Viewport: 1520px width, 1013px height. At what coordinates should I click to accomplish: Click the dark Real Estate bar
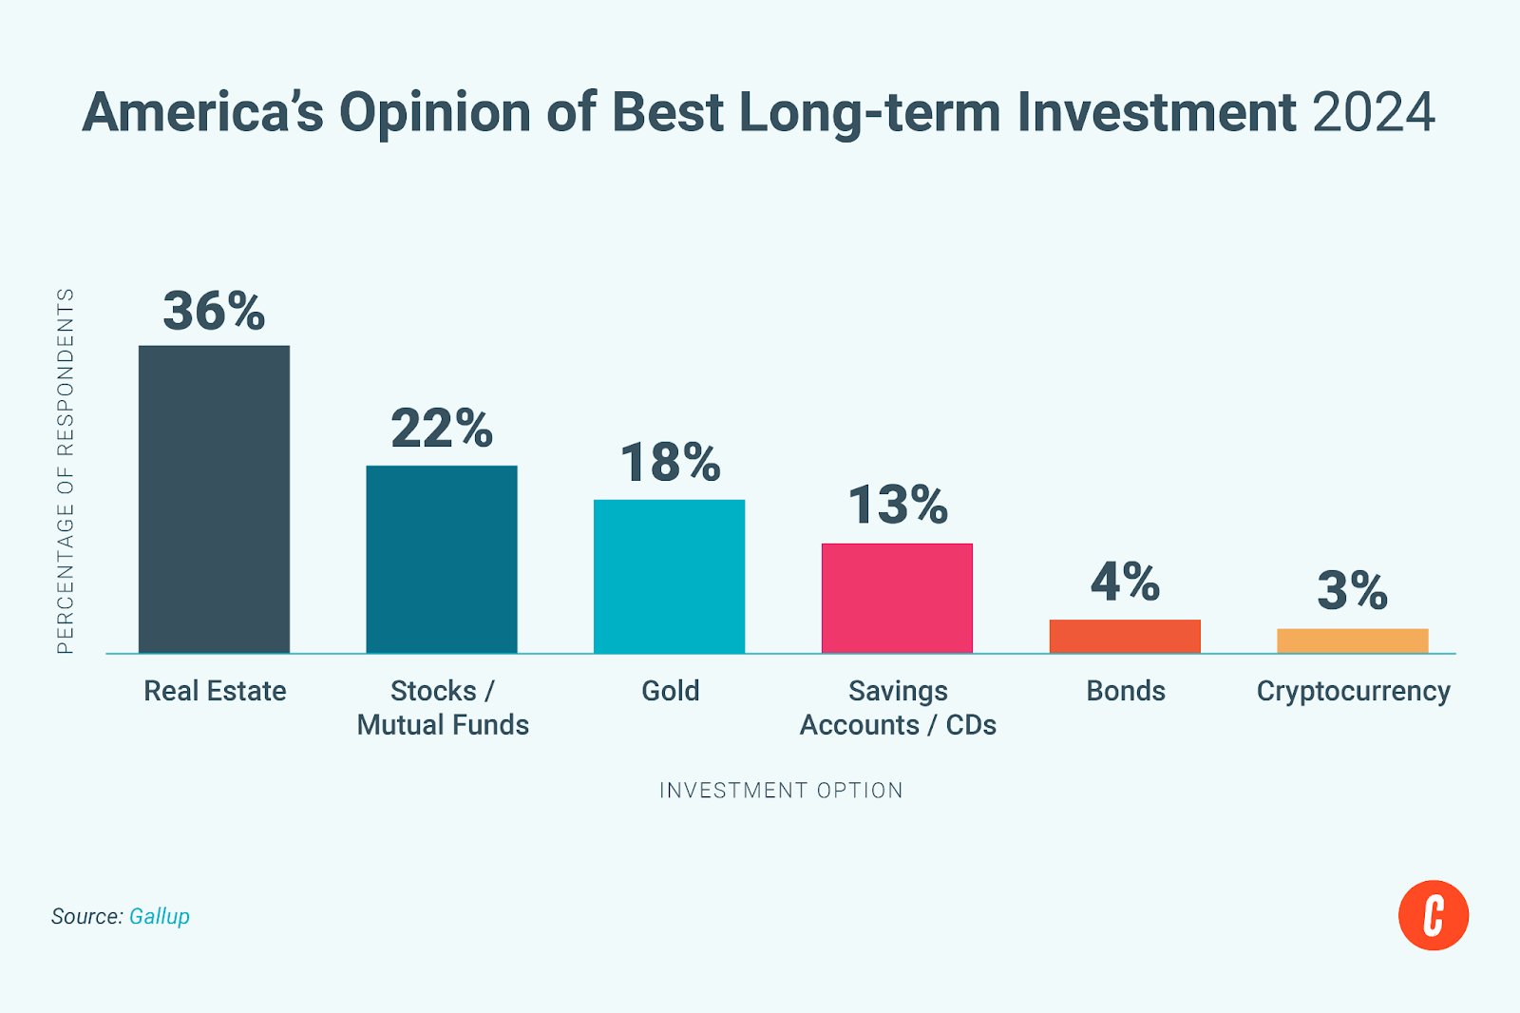pyautogui.click(x=214, y=499)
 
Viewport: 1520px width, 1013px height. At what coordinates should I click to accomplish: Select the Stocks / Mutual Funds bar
pyautogui.click(x=442, y=559)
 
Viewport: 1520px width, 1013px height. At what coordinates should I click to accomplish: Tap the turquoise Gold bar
pyautogui.click(x=669, y=576)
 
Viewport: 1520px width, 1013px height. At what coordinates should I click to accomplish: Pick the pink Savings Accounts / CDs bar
pyautogui.click(x=897, y=598)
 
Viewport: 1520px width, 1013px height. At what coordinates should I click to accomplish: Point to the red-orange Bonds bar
pyautogui.click(x=1125, y=636)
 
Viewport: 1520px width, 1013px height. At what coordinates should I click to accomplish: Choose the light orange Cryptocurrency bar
pyautogui.click(x=1352, y=640)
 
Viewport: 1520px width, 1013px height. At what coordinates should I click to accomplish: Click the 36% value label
pyautogui.click(x=214, y=311)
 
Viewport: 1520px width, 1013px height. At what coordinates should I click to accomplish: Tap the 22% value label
pyautogui.click(x=442, y=429)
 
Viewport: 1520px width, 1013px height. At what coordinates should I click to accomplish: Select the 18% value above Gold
pyautogui.click(x=670, y=463)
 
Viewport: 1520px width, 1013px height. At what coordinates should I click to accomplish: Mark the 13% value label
pyautogui.click(x=898, y=505)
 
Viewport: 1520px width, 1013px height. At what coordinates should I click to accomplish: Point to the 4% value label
pyautogui.click(x=1125, y=582)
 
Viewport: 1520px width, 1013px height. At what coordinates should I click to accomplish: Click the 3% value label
pyautogui.click(x=1352, y=590)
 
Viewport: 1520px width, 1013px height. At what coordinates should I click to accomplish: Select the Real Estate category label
pyautogui.click(x=215, y=691)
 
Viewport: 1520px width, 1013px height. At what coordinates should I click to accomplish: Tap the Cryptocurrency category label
pyautogui.click(x=1353, y=692)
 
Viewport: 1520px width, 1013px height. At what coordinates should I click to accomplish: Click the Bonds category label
pyautogui.click(x=1126, y=691)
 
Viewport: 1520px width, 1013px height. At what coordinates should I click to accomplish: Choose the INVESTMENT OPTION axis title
pyautogui.click(x=781, y=791)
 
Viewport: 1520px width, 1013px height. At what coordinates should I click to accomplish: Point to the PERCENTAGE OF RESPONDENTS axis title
pyautogui.click(x=66, y=471)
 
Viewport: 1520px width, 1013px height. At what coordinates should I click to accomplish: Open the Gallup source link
pyautogui.click(x=160, y=916)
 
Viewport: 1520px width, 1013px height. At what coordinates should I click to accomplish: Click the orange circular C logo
pyautogui.click(x=1433, y=915)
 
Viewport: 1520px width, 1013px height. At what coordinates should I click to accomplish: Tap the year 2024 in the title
pyautogui.click(x=1374, y=113)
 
